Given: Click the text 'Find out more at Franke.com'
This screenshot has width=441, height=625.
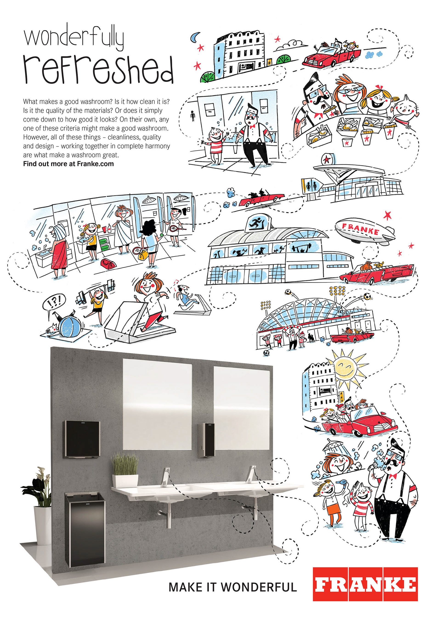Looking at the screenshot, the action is pyautogui.click(x=68, y=164).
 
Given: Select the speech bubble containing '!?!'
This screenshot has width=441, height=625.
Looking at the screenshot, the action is pyautogui.click(x=54, y=301).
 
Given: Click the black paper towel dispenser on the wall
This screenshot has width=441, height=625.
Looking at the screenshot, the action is pyautogui.click(x=82, y=439).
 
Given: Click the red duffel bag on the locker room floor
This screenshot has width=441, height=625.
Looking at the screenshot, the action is pyautogui.click(x=108, y=263).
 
